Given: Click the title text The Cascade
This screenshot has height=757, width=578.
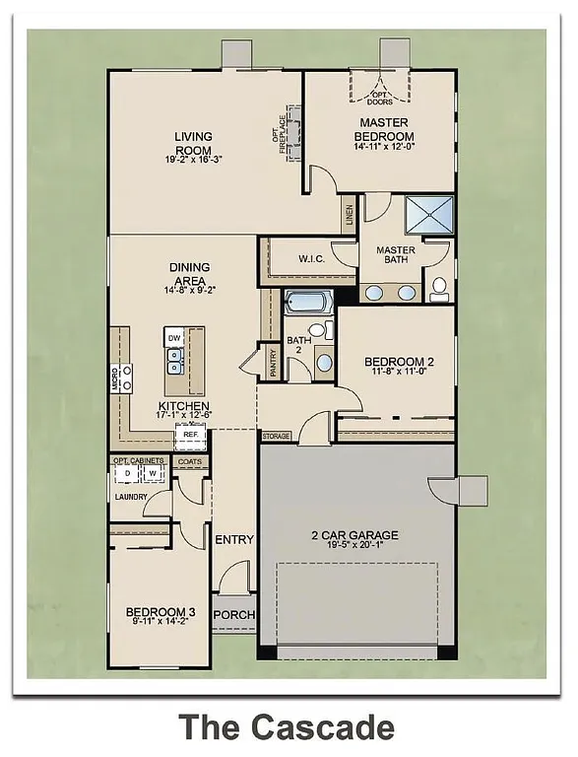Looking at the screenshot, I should [x=287, y=727].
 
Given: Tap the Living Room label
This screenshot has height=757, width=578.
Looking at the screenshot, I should [x=194, y=143].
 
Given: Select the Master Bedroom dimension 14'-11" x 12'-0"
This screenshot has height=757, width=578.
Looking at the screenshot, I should [x=379, y=148].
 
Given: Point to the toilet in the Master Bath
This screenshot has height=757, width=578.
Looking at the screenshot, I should [x=439, y=288].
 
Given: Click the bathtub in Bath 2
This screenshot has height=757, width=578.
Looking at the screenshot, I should [x=308, y=302].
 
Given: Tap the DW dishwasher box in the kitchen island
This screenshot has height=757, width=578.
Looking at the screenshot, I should [x=174, y=339].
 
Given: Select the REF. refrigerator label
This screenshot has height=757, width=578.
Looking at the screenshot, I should [x=191, y=432].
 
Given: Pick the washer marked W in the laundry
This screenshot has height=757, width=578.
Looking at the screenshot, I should [x=153, y=474].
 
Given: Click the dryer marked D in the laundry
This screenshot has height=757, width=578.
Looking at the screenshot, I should [x=127, y=474].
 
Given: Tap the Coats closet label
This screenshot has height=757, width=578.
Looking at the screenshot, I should [x=188, y=460].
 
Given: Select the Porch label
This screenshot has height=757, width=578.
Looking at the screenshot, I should [x=234, y=615].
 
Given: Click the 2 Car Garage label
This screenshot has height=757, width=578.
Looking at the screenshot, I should [x=354, y=536].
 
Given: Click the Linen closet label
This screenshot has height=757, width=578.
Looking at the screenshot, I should [x=349, y=216].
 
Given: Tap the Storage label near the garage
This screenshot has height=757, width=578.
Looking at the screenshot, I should [x=277, y=435].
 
